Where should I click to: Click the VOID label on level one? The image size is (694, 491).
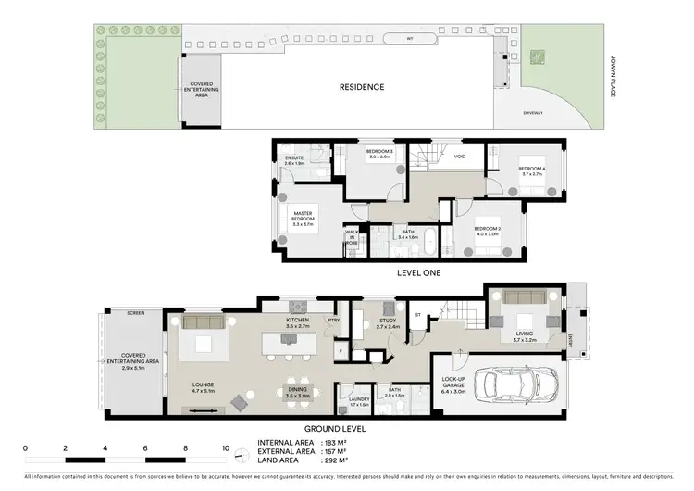coord(459,157)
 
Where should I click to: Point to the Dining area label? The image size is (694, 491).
coord(297,393)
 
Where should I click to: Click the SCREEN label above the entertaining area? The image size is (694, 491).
coord(136,313)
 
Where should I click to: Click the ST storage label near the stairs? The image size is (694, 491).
coord(418,315)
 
